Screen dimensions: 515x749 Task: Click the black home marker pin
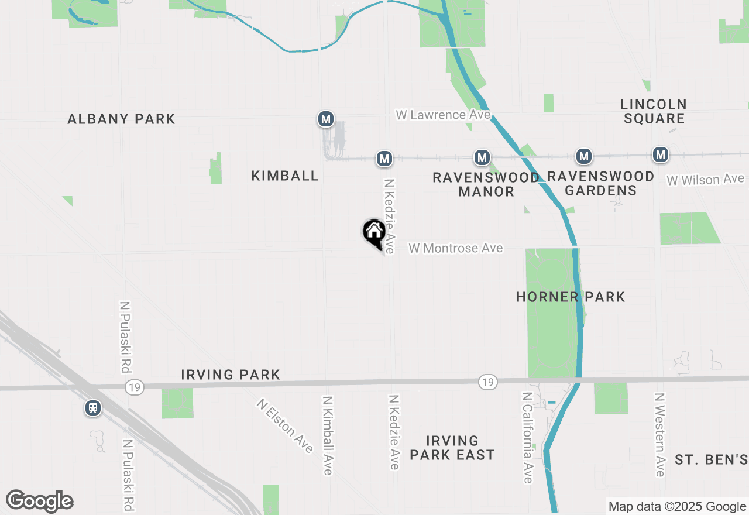tap(374, 232)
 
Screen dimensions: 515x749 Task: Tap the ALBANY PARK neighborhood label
tap(121, 119)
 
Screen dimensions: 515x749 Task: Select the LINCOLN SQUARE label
tap(654, 111)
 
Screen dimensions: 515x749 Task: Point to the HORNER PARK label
tap(571, 297)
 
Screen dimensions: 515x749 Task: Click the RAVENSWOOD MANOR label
tap(486, 184)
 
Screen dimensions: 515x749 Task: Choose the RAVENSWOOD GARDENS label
tap(601, 183)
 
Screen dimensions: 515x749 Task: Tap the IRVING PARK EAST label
tap(452, 448)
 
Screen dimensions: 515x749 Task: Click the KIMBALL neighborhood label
tap(285, 176)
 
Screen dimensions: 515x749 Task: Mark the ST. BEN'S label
tap(711, 459)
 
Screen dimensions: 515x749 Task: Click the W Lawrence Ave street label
tap(442, 115)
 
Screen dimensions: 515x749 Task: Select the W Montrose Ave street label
tap(455, 248)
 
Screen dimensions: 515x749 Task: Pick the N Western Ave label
tap(659, 434)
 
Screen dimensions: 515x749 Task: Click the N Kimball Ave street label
tap(327, 435)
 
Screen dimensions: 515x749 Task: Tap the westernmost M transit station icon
tap(326, 119)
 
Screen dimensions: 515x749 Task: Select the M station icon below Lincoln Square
tap(661, 154)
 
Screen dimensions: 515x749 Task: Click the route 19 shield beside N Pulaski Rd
tap(135, 387)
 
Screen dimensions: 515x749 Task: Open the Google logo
tap(39, 502)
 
